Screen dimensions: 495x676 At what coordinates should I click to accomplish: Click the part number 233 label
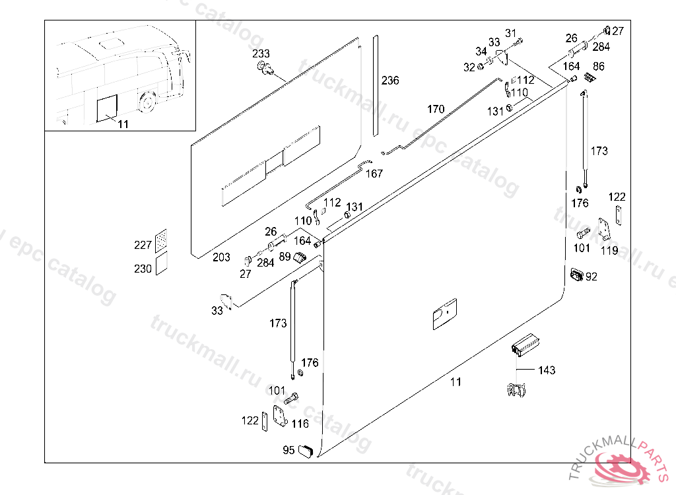click(261, 53)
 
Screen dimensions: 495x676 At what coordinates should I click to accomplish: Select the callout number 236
click(390, 81)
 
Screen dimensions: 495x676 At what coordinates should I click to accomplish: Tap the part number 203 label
click(221, 257)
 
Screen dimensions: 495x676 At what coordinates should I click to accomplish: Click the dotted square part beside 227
click(161, 241)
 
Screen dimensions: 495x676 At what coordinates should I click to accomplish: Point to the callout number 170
click(436, 109)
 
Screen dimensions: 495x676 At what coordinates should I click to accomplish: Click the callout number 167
click(374, 174)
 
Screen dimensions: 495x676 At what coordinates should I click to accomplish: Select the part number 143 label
click(547, 370)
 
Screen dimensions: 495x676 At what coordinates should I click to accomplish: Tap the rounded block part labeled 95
click(306, 451)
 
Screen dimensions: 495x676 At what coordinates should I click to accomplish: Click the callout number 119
click(609, 250)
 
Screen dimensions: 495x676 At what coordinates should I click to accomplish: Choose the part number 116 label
click(300, 424)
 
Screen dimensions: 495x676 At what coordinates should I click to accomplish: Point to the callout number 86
click(599, 66)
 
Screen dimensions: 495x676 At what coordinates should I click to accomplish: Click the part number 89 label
click(285, 256)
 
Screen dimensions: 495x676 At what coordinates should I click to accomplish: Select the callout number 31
click(511, 34)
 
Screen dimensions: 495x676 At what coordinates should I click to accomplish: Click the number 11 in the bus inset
click(123, 123)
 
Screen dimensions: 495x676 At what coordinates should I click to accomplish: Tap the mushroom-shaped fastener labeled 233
click(265, 67)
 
